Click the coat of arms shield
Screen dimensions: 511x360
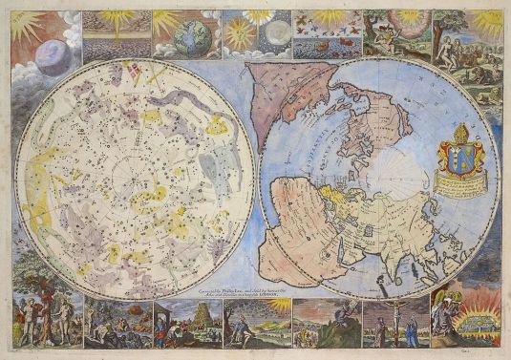pos(460,159)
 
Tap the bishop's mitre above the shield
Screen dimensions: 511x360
pos(460,133)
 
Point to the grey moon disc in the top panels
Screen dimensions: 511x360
pos(277,35)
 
